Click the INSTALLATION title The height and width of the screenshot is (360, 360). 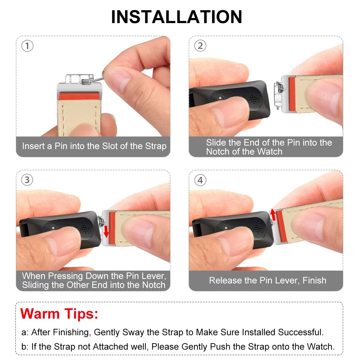(x=176, y=17)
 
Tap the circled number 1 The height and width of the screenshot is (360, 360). (x=27, y=46)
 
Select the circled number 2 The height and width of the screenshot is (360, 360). (x=200, y=46)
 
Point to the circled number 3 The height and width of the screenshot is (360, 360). (x=27, y=180)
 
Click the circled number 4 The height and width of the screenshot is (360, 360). (x=200, y=180)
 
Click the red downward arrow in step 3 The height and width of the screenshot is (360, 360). (x=106, y=232)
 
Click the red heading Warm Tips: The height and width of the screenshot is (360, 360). (x=59, y=314)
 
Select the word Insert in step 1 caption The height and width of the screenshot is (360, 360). (x=33, y=146)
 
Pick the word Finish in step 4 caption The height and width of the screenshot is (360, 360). (x=314, y=280)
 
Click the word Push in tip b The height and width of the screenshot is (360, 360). (x=220, y=347)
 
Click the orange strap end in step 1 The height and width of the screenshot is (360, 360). (x=79, y=97)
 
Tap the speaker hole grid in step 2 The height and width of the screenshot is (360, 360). (x=253, y=98)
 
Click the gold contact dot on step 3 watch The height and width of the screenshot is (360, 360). (x=53, y=227)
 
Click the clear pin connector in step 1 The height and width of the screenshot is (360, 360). (x=79, y=79)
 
